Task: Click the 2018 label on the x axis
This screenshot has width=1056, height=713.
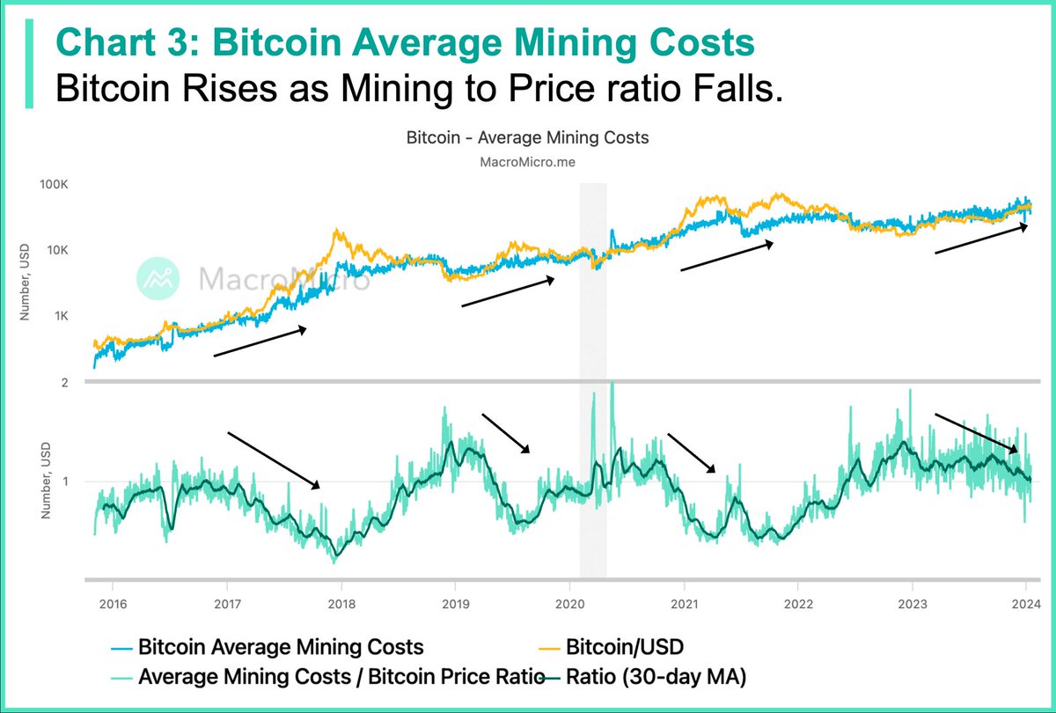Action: coord(341,605)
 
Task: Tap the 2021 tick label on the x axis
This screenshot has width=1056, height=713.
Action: coord(683,605)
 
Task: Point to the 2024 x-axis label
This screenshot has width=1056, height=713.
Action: coord(1026,605)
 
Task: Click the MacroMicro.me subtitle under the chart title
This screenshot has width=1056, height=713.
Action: coord(528,161)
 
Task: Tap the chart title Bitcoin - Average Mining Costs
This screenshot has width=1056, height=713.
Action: coord(528,138)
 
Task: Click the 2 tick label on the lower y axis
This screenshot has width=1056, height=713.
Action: coord(64,382)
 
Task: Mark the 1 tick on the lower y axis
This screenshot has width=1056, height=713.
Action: coord(64,481)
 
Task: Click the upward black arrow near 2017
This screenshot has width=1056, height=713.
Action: coord(260,342)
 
